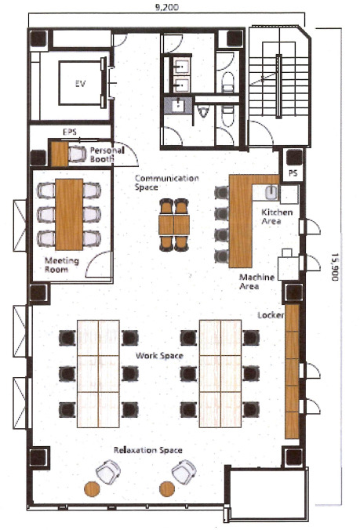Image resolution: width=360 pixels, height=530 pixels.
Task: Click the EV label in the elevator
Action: click(80, 83)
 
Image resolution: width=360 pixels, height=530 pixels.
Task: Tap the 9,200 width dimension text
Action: click(166, 7)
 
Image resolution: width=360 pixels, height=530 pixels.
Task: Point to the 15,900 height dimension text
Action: click(335, 267)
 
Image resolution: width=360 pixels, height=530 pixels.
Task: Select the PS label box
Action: click(293, 173)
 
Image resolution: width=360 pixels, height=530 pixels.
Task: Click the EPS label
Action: click(70, 132)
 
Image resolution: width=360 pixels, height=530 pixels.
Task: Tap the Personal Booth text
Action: click(107, 154)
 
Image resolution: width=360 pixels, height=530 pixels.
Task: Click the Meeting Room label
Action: click(62, 265)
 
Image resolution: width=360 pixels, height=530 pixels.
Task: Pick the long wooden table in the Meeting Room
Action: click(69, 215)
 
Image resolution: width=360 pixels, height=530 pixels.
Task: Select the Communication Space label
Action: click(166, 183)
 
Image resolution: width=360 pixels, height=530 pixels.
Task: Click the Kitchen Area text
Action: click(277, 216)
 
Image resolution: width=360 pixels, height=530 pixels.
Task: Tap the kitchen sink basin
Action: click(271, 193)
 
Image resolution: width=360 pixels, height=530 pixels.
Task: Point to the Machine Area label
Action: click(256, 282)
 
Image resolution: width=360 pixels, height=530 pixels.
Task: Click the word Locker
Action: click(271, 315)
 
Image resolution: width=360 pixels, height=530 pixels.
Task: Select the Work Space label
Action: click(159, 356)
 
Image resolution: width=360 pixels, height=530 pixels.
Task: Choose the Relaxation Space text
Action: click(148, 450)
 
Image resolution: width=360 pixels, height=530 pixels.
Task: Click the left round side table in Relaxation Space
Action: click(92, 488)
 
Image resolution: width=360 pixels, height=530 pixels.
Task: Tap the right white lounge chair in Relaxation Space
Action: click(184, 471)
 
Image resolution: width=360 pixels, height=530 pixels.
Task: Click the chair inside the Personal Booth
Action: click(77, 154)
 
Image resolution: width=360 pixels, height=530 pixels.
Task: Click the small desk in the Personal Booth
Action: click(60, 154)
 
